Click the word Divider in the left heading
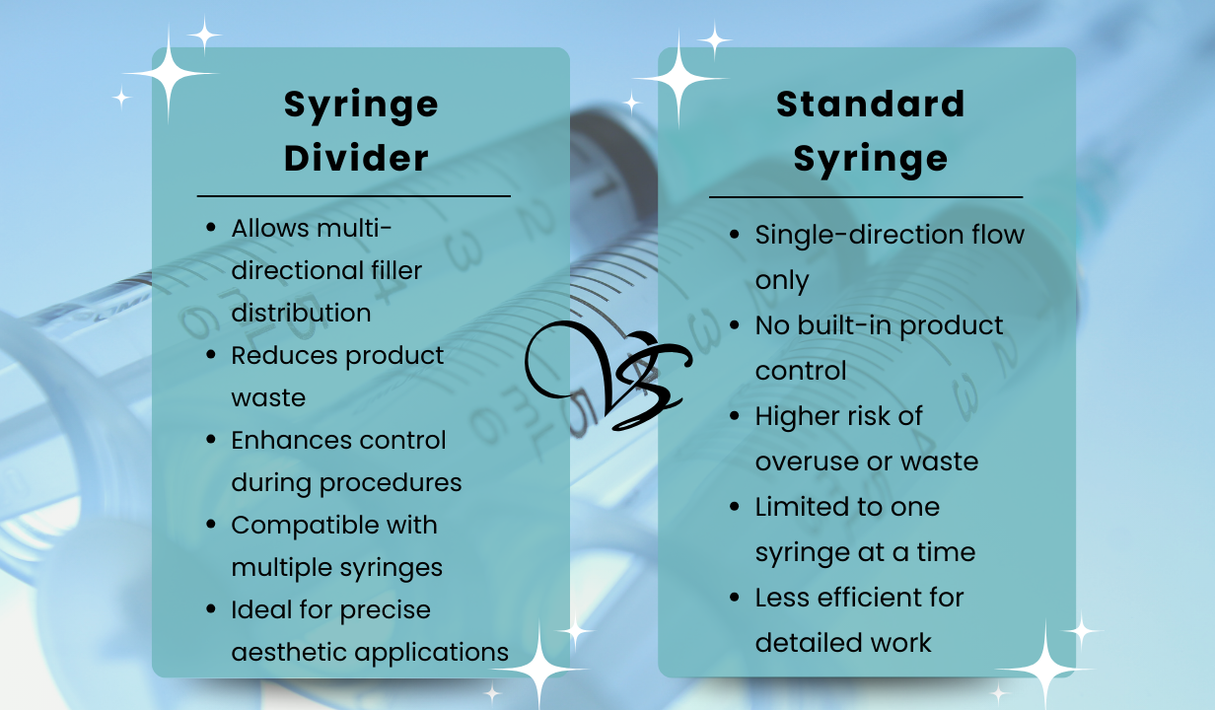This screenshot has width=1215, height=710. [x=356, y=158]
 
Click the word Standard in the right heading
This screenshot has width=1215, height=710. [x=871, y=104]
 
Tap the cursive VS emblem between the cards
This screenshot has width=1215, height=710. [x=608, y=376]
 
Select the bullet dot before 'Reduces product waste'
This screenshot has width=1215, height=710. [x=211, y=355]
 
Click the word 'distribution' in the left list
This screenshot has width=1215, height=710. [x=301, y=313]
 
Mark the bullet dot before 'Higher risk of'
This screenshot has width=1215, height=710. [x=735, y=416]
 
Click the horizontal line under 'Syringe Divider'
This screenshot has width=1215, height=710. [x=354, y=196]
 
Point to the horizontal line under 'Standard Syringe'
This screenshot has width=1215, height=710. [x=866, y=197]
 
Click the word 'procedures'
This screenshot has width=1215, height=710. [x=391, y=483]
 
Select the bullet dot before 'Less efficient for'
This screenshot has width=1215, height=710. [x=735, y=598]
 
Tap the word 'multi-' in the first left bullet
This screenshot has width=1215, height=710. [x=354, y=229]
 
